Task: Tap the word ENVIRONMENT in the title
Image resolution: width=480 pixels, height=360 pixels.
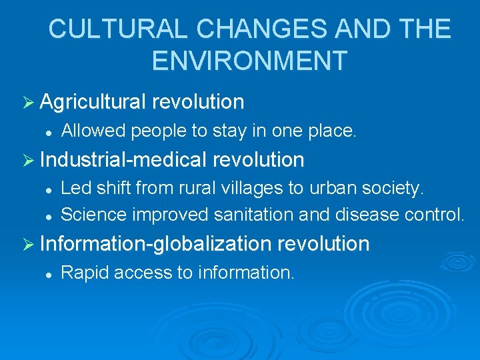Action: click(249, 61)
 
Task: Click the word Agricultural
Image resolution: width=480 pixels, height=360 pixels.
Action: click(93, 102)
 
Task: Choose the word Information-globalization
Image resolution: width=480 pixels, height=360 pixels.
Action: click(155, 244)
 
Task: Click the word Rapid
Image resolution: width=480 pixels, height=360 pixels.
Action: click(83, 273)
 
